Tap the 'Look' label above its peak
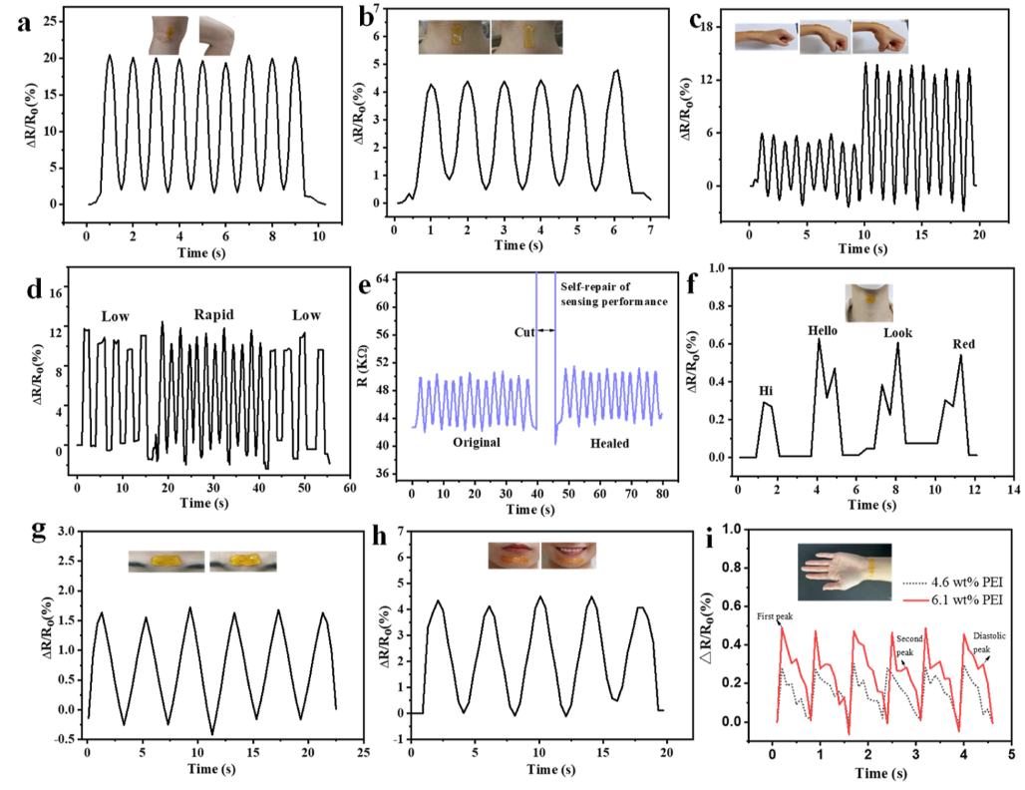click(x=898, y=334)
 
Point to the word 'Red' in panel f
click(x=963, y=345)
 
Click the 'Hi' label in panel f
click(x=766, y=392)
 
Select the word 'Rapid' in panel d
click(x=214, y=315)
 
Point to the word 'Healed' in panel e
click(x=609, y=441)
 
